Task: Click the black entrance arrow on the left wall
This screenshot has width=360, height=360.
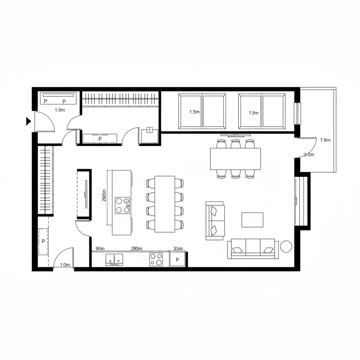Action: point(28,121)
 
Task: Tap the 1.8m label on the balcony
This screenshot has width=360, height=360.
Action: point(326,140)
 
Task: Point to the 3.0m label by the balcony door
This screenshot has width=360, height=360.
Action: point(309,155)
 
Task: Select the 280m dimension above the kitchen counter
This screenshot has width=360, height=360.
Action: point(136,249)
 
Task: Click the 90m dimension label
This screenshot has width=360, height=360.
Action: point(100,249)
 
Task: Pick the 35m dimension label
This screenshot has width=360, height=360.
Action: point(179,249)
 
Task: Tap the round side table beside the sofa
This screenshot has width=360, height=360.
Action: point(286,246)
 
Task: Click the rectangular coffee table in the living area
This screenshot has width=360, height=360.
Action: point(252,220)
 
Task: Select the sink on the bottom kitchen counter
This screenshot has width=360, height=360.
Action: point(114,259)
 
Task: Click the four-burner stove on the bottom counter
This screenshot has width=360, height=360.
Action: point(156,259)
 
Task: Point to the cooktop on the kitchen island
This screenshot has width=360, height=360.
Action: point(123,205)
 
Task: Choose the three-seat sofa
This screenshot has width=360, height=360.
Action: point(253,249)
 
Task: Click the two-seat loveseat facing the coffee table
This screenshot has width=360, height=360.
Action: point(214,221)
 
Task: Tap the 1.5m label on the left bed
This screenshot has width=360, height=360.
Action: point(194,112)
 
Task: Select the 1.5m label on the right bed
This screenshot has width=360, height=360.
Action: point(253,113)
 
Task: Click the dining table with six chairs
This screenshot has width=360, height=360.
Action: point(235,159)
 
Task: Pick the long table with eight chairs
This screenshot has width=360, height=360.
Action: point(165,204)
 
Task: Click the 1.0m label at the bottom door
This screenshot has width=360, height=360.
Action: point(65,265)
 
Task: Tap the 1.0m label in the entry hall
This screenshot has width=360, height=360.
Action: point(60,110)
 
